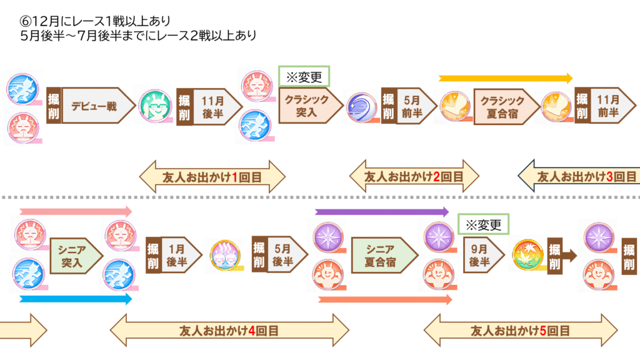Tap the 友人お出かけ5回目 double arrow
pyautogui.click(x=520, y=331)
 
